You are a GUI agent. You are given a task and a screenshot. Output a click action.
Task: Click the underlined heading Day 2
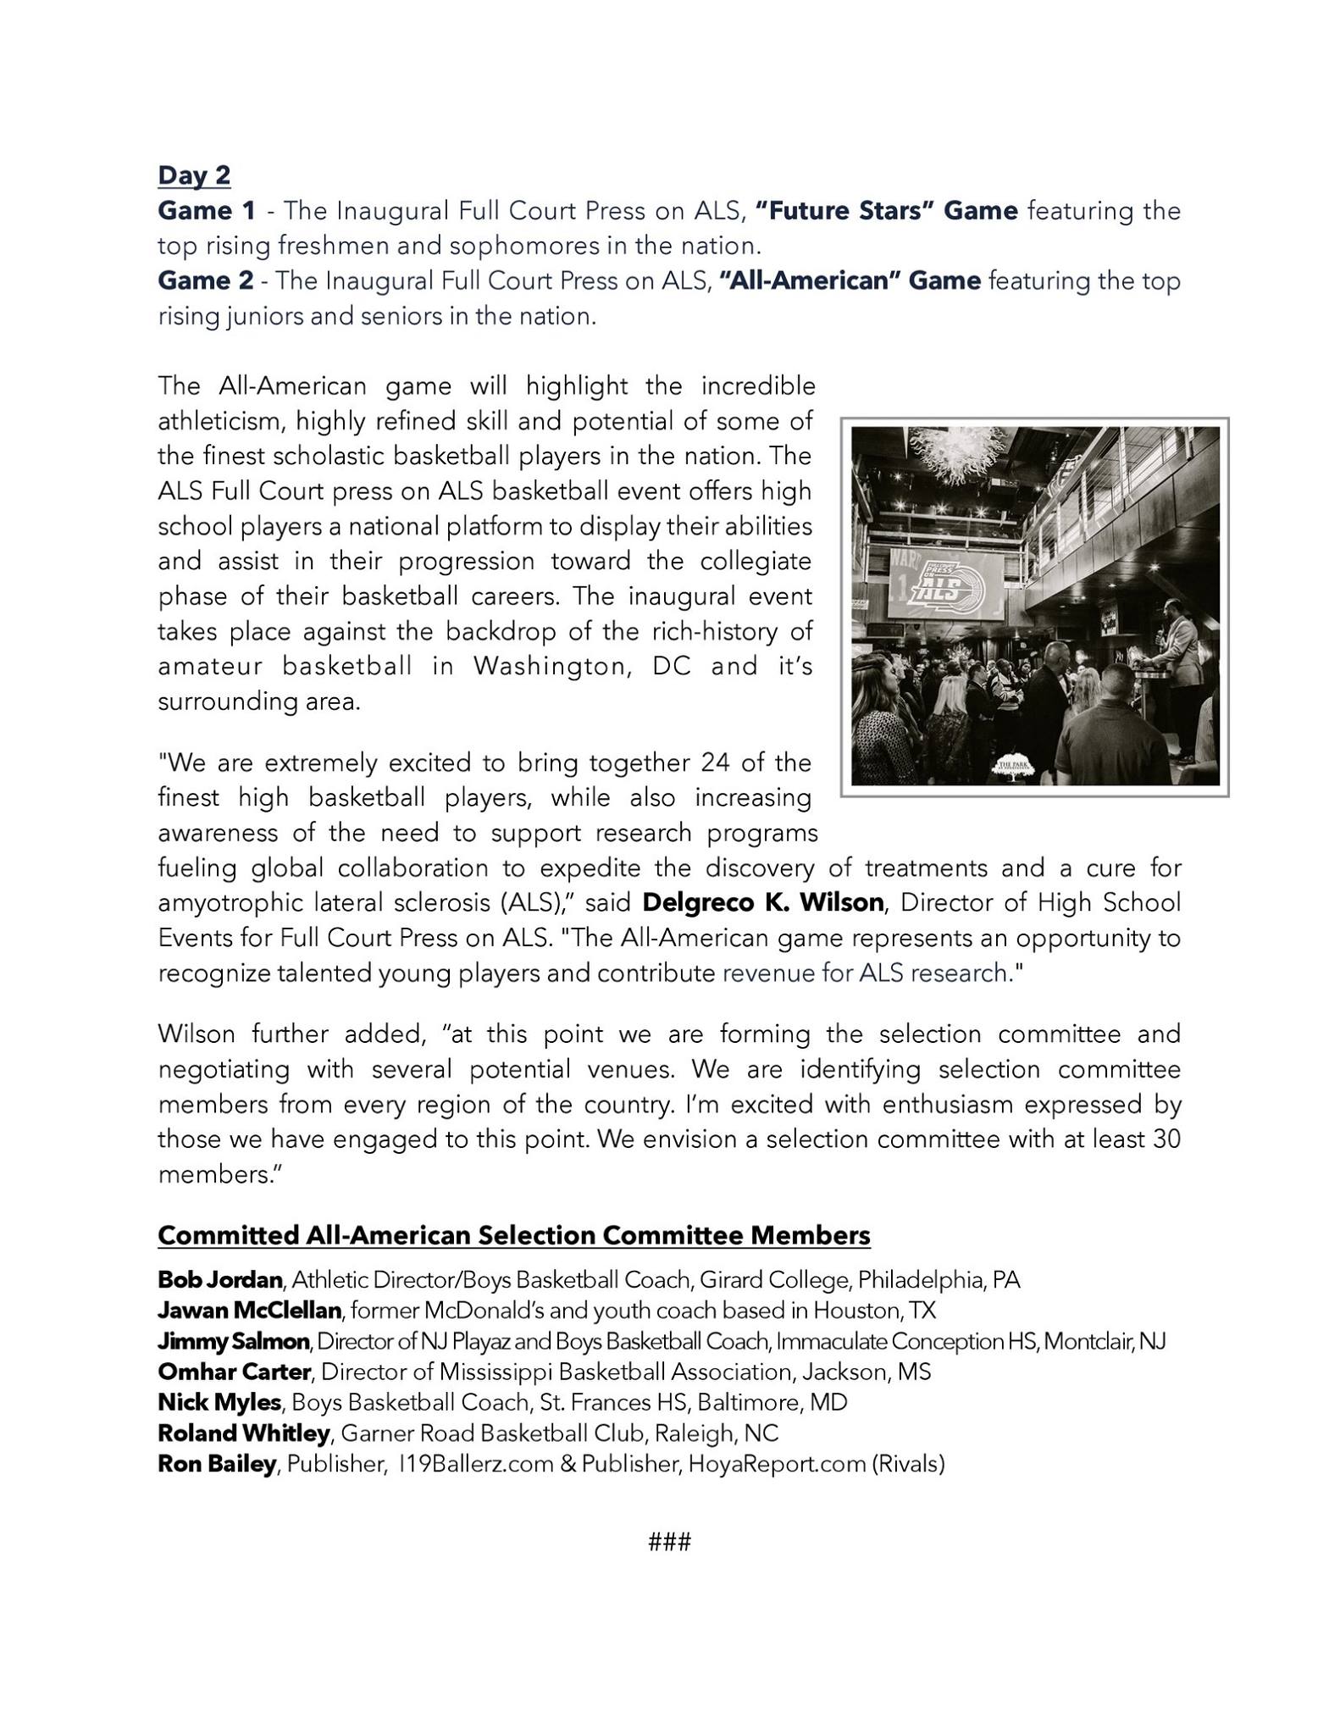click(x=194, y=175)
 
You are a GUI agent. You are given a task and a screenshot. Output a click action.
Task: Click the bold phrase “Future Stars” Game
click(x=886, y=210)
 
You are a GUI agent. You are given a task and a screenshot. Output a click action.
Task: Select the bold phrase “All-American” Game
click(x=850, y=280)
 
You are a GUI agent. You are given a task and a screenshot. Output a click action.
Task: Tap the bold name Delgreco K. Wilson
click(x=763, y=903)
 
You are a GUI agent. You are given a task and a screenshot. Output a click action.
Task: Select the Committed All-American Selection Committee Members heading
click(x=514, y=1236)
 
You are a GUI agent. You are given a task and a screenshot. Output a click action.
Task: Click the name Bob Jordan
click(x=219, y=1280)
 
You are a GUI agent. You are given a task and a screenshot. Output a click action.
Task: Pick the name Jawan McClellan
click(x=249, y=1311)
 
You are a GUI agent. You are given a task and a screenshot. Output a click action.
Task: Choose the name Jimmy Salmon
click(x=234, y=1342)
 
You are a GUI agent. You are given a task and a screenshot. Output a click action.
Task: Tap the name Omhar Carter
click(x=234, y=1372)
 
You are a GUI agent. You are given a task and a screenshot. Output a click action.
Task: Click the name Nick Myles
click(x=219, y=1403)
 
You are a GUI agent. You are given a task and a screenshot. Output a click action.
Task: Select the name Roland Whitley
click(x=244, y=1433)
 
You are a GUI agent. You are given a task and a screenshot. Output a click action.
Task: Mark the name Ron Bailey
click(x=217, y=1464)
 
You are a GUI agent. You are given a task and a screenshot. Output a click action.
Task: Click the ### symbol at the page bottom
click(x=669, y=1542)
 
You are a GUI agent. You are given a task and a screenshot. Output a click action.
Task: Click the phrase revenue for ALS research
click(x=863, y=973)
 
